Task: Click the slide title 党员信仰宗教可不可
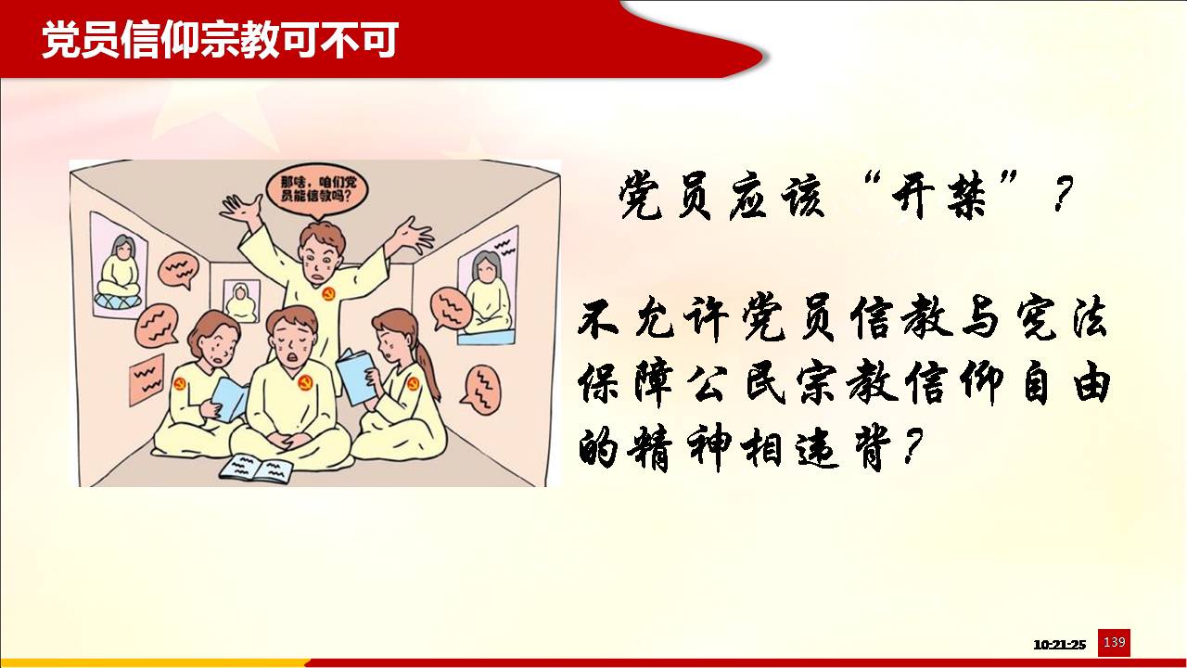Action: [x=220, y=40]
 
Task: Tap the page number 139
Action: [x=1114, y=642]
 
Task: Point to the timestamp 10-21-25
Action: [x=1059, y=645]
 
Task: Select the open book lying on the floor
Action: [x=257, y=469]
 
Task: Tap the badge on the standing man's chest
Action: [x=328, y=294]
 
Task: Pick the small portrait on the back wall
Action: [x=241, y=301]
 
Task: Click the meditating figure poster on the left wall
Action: [x=118, y=266]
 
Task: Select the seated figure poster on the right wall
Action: [x=488, y=287]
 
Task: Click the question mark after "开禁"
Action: [x=1062, y=193]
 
